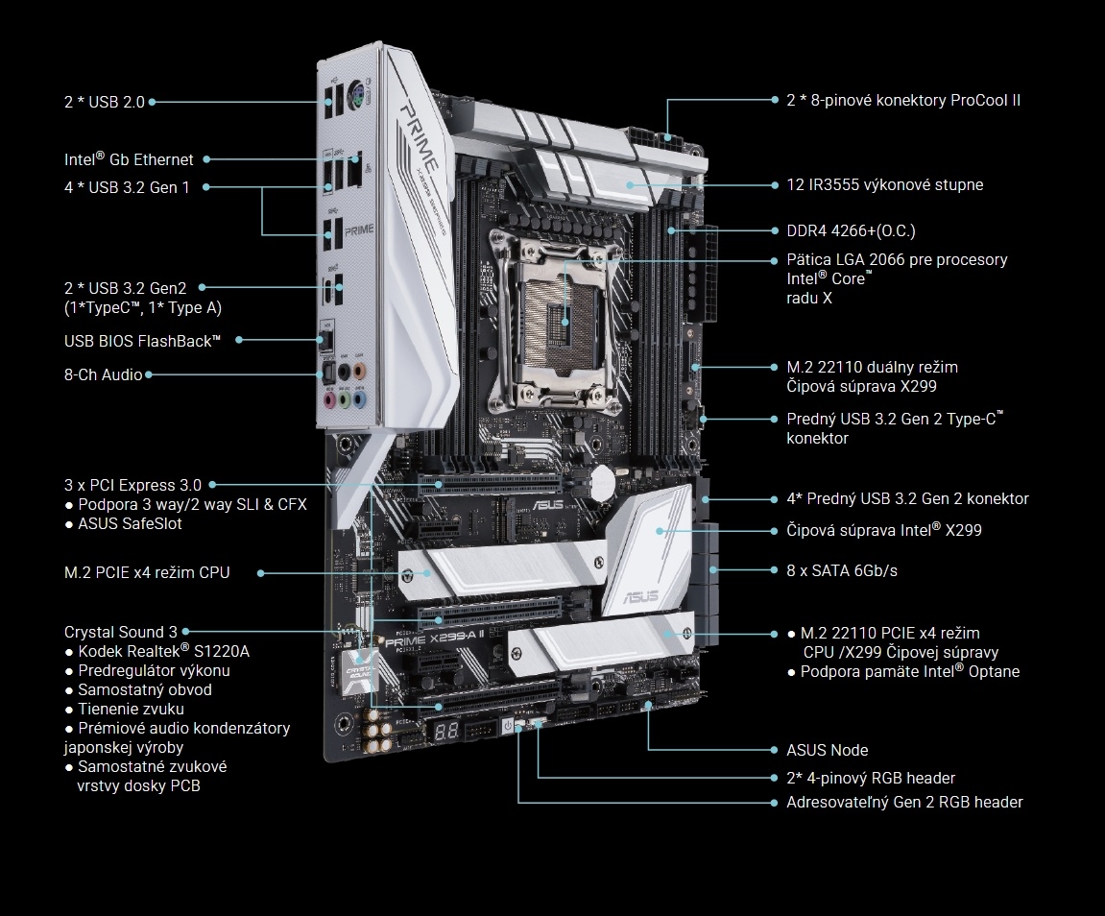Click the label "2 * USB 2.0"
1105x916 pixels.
click(x=104, y=101)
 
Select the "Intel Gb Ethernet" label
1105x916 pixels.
click(x=129, y=160)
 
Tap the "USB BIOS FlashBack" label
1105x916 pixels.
click(x=142, y=340)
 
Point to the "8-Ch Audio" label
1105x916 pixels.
click(x=103, y=374)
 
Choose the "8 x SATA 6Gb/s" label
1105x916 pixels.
click(x=842, y=570)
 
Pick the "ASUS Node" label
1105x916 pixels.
click(x=827, y=750)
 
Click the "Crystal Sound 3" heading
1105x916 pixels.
click(x=121, y=632)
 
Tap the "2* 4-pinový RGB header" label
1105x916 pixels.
click(x=871, y=778)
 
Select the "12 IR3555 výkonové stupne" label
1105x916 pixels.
click(x=884, y=184)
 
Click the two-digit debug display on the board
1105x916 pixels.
click(x=444, y=731)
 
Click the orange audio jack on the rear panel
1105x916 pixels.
click(x=360, y=369)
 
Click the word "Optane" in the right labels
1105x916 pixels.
click(x=993, y=672)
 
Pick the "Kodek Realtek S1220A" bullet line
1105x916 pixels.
click(x=157, y=651)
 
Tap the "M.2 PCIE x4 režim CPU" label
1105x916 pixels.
click(x=147, y=572)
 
